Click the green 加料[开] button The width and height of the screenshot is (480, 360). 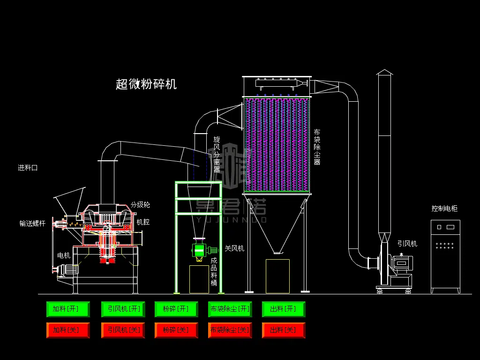(68, 309)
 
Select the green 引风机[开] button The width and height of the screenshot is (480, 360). (123, 309)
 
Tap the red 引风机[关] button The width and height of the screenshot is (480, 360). (123, 330)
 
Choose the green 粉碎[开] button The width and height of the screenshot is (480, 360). (176, 309)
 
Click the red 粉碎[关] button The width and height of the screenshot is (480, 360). (176, 330)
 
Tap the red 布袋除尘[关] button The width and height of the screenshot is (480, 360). (230, 330)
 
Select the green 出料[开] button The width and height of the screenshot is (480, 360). (284, 309)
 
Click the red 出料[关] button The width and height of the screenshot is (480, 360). (284, 330)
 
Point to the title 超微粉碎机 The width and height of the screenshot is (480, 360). (146, 84)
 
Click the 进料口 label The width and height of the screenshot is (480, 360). (28, 168)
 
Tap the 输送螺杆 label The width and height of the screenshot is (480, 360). (32, 224)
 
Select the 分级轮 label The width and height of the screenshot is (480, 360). (140, 205)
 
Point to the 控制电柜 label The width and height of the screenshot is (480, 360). (444, 209)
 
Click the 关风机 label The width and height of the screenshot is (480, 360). (234, 248)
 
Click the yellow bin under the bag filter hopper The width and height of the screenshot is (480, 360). (277, 277)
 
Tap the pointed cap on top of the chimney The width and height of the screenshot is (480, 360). (384, 72)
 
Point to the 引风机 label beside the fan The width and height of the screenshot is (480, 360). (407, 244)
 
